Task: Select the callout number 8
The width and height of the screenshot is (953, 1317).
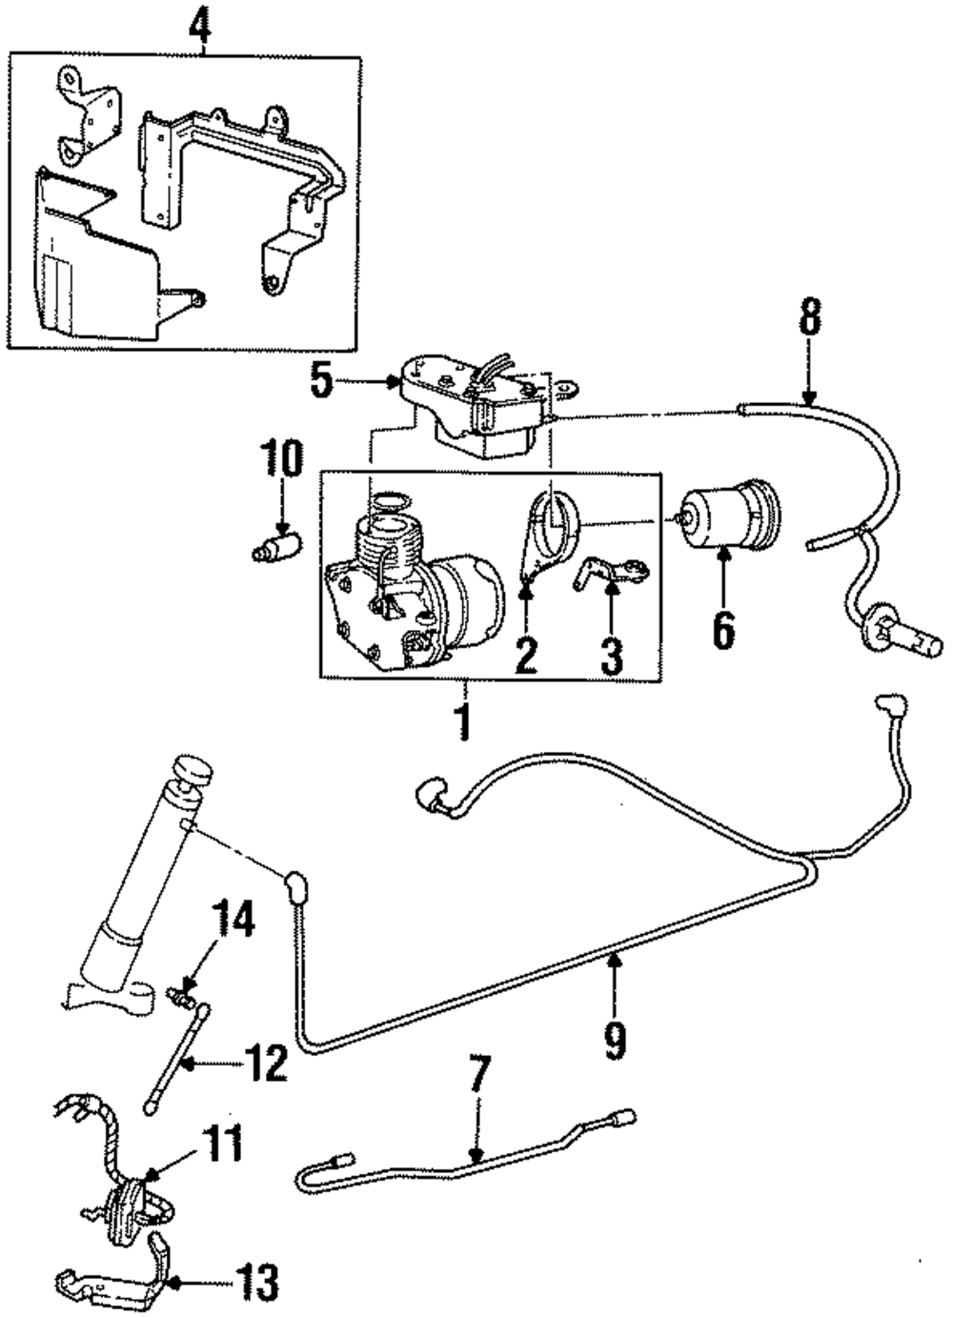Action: [x=809, y=319]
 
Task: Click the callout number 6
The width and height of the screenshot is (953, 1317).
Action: [x=723, y=629]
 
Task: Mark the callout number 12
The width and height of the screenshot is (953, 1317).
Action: [x=264, y=1062]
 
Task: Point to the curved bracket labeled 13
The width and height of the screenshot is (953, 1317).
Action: [x=124, y=1272]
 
